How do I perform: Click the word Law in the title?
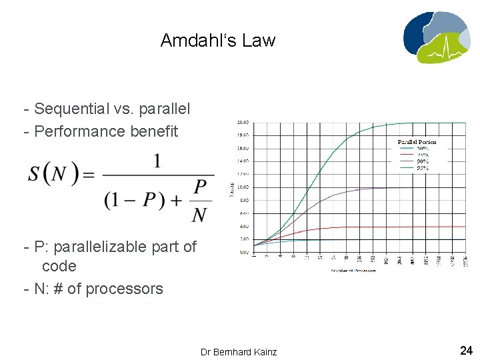coord(259,41)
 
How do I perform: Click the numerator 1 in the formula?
coord(157,161)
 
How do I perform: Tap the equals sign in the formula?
coord(88,175)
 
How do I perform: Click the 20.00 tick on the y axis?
coord(243,123)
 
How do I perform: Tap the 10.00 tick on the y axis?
coord(243,187)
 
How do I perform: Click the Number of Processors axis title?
coord(355,271)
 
